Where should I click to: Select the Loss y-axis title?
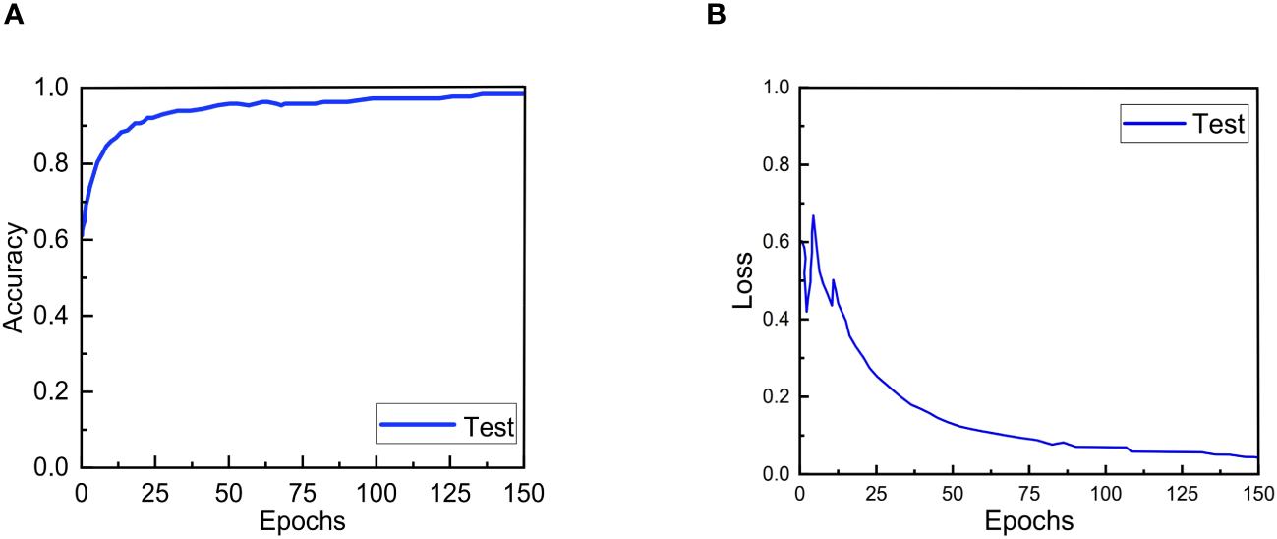pyautogui.click(x=745, y=280)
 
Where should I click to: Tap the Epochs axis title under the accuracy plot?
pyautogui.click(x=302, y=521)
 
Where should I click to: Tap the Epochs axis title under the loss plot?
pyautogui.click(x=1028, y=519)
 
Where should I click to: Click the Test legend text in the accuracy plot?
pyautogui.click(x=489, y=426)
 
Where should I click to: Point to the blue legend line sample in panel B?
pyautogui.click(x=1154, y=124)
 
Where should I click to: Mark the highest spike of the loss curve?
pyautogui.click(x=813, y=215)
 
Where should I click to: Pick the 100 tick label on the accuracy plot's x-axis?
pyautogui.click(x=376, y=492)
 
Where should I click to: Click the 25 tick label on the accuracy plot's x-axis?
pyautogui.click(x=155, y=492)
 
